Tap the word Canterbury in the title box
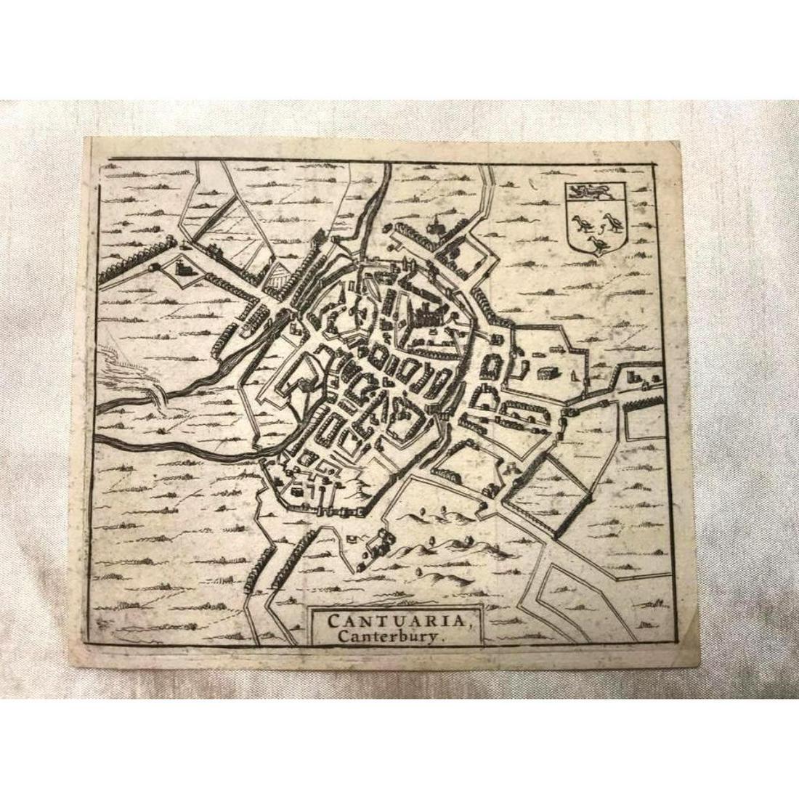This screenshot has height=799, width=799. click(x=386, y=633)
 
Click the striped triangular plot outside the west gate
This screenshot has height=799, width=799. click(x=277, y=277)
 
